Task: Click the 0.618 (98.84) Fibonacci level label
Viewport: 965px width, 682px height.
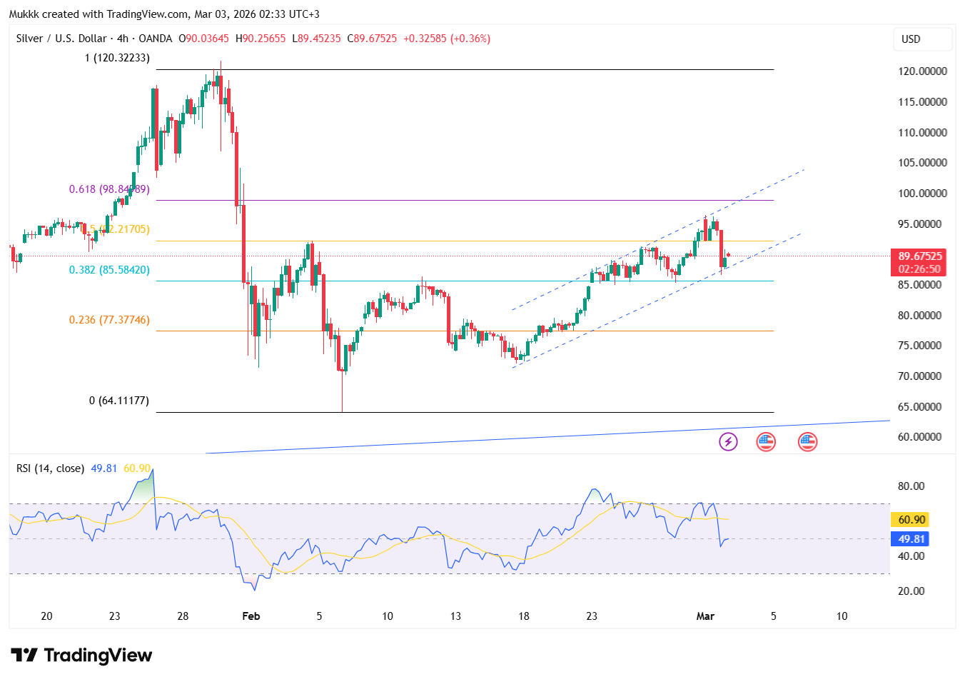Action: tap(108, 189)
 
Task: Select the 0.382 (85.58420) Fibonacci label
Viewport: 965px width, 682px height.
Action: tap(109, 270)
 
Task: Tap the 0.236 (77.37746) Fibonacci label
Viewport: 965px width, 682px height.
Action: tap(109, 320)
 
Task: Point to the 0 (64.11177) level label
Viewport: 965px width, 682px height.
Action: tap(119, 401)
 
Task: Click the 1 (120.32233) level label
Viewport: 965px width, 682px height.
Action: tap(117, 58)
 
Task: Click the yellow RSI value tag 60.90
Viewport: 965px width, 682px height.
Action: tap(911, 520)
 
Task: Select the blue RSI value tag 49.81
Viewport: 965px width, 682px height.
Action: tap(911, 539)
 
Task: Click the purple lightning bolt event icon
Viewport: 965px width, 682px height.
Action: tap(727, 441)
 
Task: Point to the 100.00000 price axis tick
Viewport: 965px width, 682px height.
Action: tap(922, 194)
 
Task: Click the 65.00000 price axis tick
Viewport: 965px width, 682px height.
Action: tap(922, 407)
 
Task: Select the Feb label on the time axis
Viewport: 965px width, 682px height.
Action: tap(251, 616)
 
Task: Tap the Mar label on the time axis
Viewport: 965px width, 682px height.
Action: tap(705, 616)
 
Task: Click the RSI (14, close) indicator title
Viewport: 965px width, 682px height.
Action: tap(50, 468)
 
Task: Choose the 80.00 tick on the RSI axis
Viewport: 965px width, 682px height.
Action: tap(911, 486)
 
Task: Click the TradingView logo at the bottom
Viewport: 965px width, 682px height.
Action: tap(81, 656)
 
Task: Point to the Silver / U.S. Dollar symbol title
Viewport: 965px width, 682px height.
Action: tap(61, 39)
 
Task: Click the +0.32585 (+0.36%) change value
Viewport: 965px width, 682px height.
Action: tap(447, 39)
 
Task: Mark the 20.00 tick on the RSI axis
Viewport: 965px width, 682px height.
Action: tap(911, 591)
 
